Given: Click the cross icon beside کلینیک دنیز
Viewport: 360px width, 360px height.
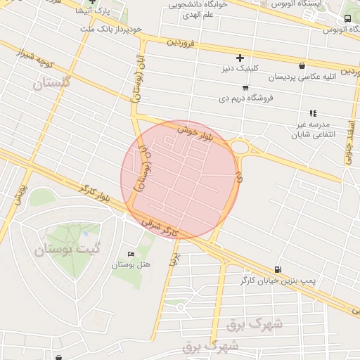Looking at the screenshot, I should coord(240,58).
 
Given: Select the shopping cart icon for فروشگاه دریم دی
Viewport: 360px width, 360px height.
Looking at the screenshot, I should coord(245,88).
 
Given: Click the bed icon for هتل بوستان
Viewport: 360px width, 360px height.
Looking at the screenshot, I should coord(130,254).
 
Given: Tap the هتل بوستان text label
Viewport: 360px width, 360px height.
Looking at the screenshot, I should coord(131,264).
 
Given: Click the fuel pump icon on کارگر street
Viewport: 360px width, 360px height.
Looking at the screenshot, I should coord(278,269).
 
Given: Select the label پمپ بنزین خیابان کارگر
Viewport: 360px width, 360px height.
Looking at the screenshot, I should coord(283,281).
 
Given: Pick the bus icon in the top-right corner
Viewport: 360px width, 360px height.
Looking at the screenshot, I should coord(348,19).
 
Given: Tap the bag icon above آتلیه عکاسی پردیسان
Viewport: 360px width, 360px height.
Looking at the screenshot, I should coord(302,65).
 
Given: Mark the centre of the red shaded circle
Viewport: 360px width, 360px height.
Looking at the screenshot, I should coord(178,179).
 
